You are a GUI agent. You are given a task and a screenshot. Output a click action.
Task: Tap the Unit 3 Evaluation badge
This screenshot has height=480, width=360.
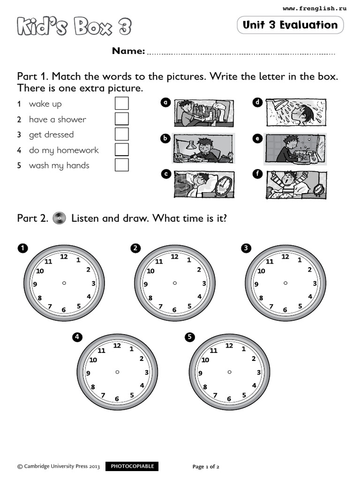coord(290,25)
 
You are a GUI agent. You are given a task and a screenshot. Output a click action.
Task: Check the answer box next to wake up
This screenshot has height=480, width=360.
coord(122,104)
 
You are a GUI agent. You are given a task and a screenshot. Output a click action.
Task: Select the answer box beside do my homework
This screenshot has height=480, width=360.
coord(122,150)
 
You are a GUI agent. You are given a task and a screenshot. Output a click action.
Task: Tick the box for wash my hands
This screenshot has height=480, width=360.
coord(122,165)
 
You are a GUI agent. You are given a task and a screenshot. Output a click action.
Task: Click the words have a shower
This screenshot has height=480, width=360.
coord(57,119)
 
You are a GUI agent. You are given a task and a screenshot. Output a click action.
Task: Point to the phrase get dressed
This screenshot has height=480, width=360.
coord(51,135)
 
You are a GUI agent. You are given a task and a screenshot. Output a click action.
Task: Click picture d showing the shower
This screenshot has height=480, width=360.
coord(296,112)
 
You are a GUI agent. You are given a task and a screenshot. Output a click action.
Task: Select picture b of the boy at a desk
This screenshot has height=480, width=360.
coord(203,148)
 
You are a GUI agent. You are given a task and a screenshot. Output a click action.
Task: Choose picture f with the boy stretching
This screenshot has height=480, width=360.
coord(296,184)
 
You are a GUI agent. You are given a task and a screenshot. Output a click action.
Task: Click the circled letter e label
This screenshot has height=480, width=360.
coord(257,138)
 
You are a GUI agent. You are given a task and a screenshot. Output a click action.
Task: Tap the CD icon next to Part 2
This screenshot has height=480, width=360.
coord(59,218)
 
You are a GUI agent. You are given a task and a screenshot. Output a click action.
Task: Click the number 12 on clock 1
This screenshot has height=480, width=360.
coord(64,256)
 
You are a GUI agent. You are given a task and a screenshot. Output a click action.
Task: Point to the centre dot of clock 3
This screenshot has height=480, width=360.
coord(285,283)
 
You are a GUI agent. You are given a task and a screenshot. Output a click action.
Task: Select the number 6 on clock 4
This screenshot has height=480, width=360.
coord(117,399)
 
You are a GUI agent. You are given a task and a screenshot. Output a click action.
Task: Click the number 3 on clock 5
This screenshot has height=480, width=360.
coord(258,372)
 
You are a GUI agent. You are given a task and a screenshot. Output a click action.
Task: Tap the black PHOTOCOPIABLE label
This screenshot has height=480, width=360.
coord(132,466)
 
